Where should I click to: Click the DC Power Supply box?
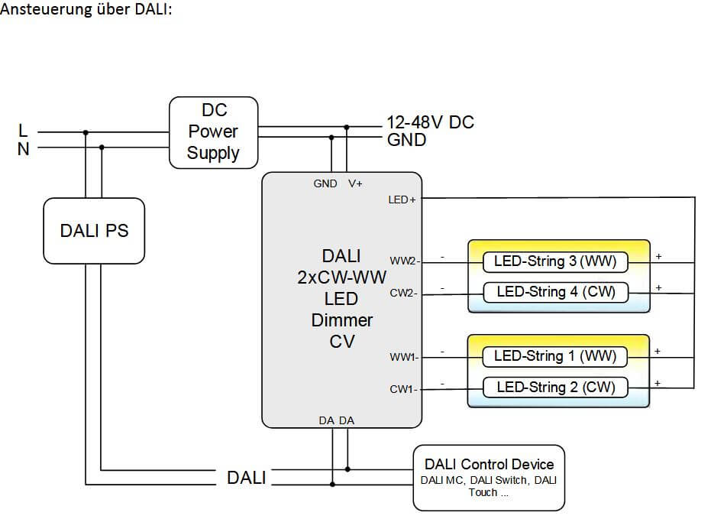coord(213,132)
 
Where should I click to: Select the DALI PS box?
coord(94,230)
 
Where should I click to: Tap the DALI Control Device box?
coord(489,477)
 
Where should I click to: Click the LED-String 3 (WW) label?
coord(555,262)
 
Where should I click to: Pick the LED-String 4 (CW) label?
coord(555,292)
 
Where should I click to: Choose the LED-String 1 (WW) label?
coord(555,356)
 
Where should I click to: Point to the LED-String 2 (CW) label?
coord(555,387)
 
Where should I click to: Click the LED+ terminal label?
coord(403,200)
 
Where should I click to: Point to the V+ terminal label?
coord(355,183)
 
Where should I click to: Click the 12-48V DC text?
coord(430,122)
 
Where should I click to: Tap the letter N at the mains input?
coord(24,149)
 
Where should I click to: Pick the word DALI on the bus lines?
coord(246,478)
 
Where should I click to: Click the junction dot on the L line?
coord(86,132)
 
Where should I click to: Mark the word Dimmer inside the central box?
coord(342,320)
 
